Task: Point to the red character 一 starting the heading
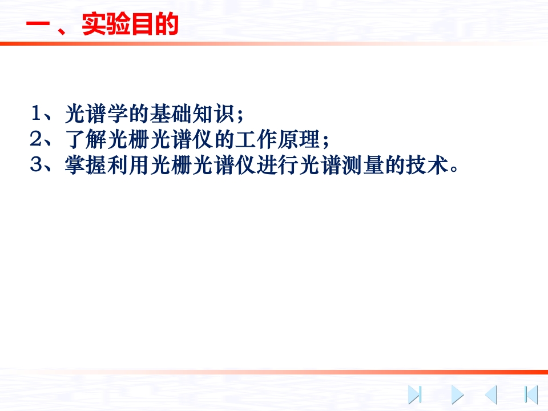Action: click(38, 25)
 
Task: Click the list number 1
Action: click(36, 113)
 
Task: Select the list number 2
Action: click(35, 139)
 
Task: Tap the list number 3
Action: click(35, 164)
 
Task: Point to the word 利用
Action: click(128, 165)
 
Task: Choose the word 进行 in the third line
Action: click(278, 165)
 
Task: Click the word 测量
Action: click(363, 165)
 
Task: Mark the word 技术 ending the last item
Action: click(427, 165)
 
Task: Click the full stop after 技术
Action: click(454, 170)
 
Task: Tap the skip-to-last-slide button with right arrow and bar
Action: click(415, 395)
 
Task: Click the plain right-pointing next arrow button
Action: click(457, 395)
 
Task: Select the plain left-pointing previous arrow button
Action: click(491, 395)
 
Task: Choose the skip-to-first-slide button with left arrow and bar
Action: click(531, 395)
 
